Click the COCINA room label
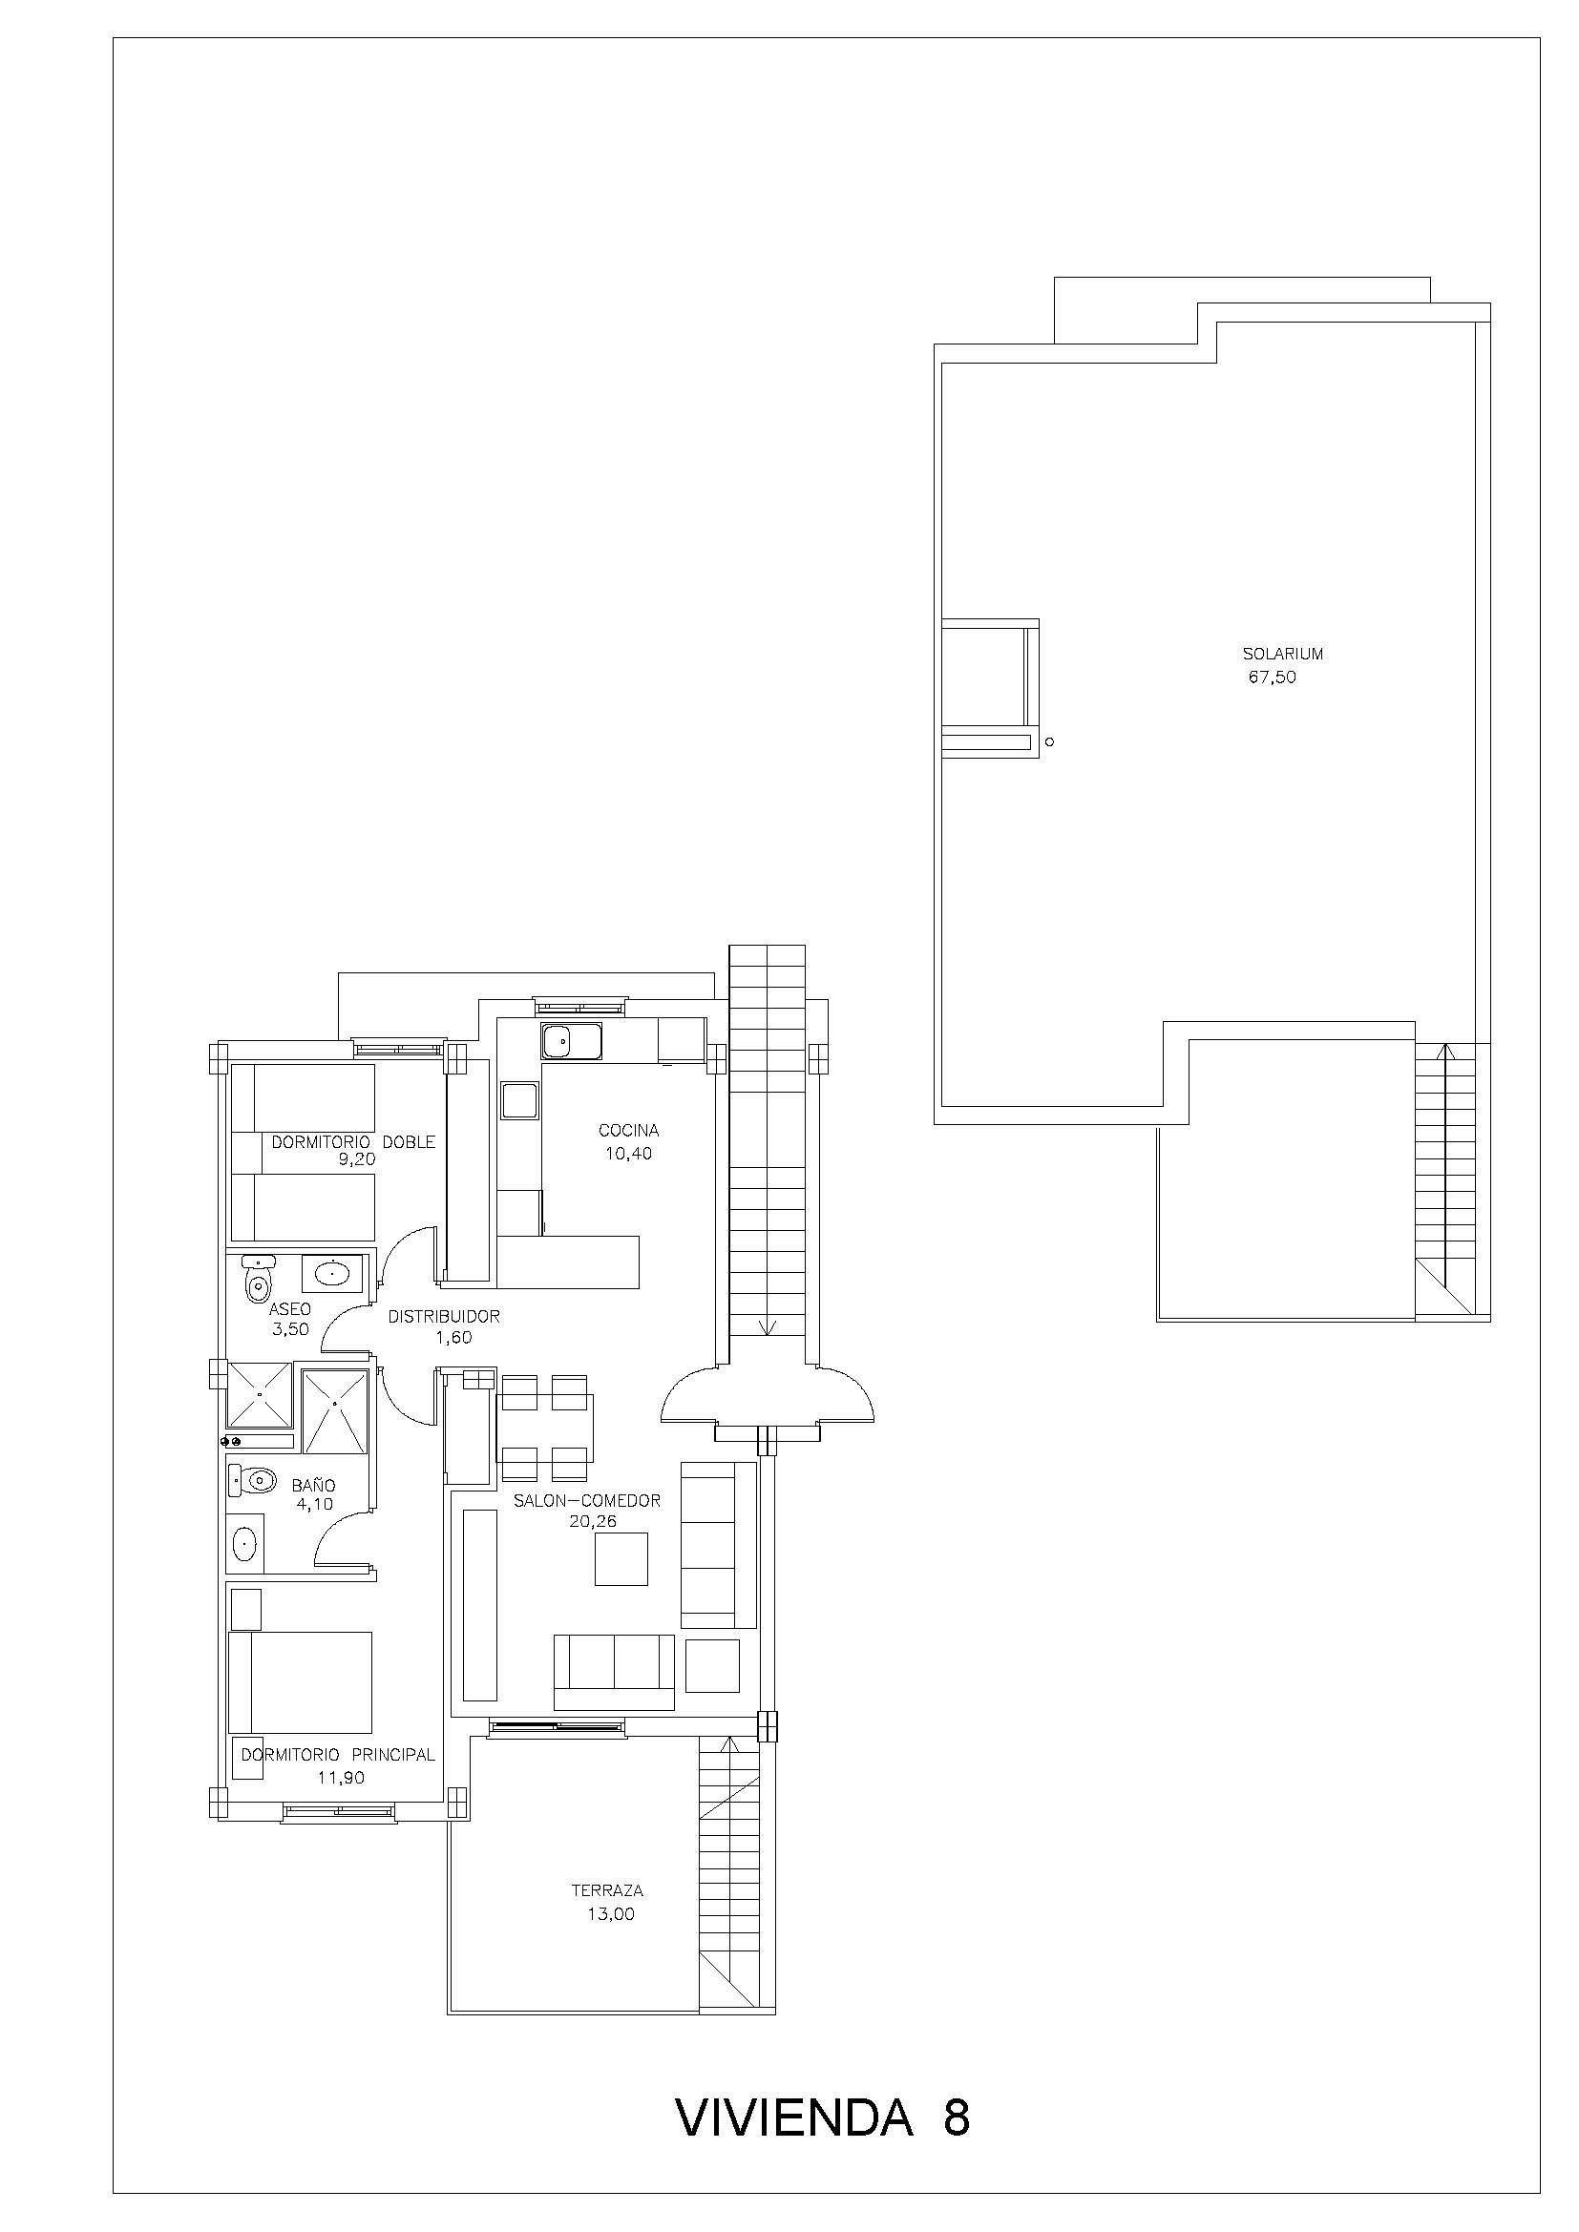click(628, 1131)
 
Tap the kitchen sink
click(572, 1042)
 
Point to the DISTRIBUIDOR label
click(443, 1317)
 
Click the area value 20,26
click(593, 1522)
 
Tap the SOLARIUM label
click(1282, 655)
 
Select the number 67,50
click(1273, 678)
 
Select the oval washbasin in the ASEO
click(331, 1274)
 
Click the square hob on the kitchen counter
click(519, 1101)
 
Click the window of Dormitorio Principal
click(340, 1810)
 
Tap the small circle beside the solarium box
click(1048, 742)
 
